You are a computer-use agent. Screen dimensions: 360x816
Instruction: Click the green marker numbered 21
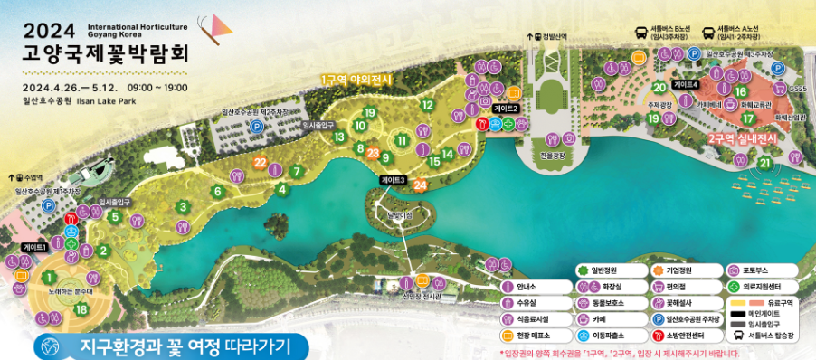764,163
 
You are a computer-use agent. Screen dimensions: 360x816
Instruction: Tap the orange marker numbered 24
419,185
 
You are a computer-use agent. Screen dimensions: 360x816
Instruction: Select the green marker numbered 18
81,309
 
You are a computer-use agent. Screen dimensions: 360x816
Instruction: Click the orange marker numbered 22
261,162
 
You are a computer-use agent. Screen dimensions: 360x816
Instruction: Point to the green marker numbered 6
217,191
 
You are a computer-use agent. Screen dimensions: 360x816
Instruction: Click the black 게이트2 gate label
507,109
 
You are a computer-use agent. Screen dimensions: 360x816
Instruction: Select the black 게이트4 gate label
686,84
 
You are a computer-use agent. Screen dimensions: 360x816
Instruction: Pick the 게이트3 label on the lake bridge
393,180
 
